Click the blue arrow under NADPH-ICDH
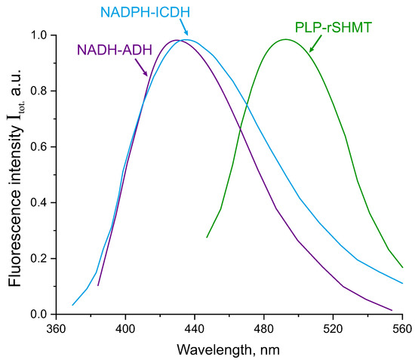(184, 30)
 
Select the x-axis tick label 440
(195, 329)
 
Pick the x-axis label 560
(401, 329)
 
